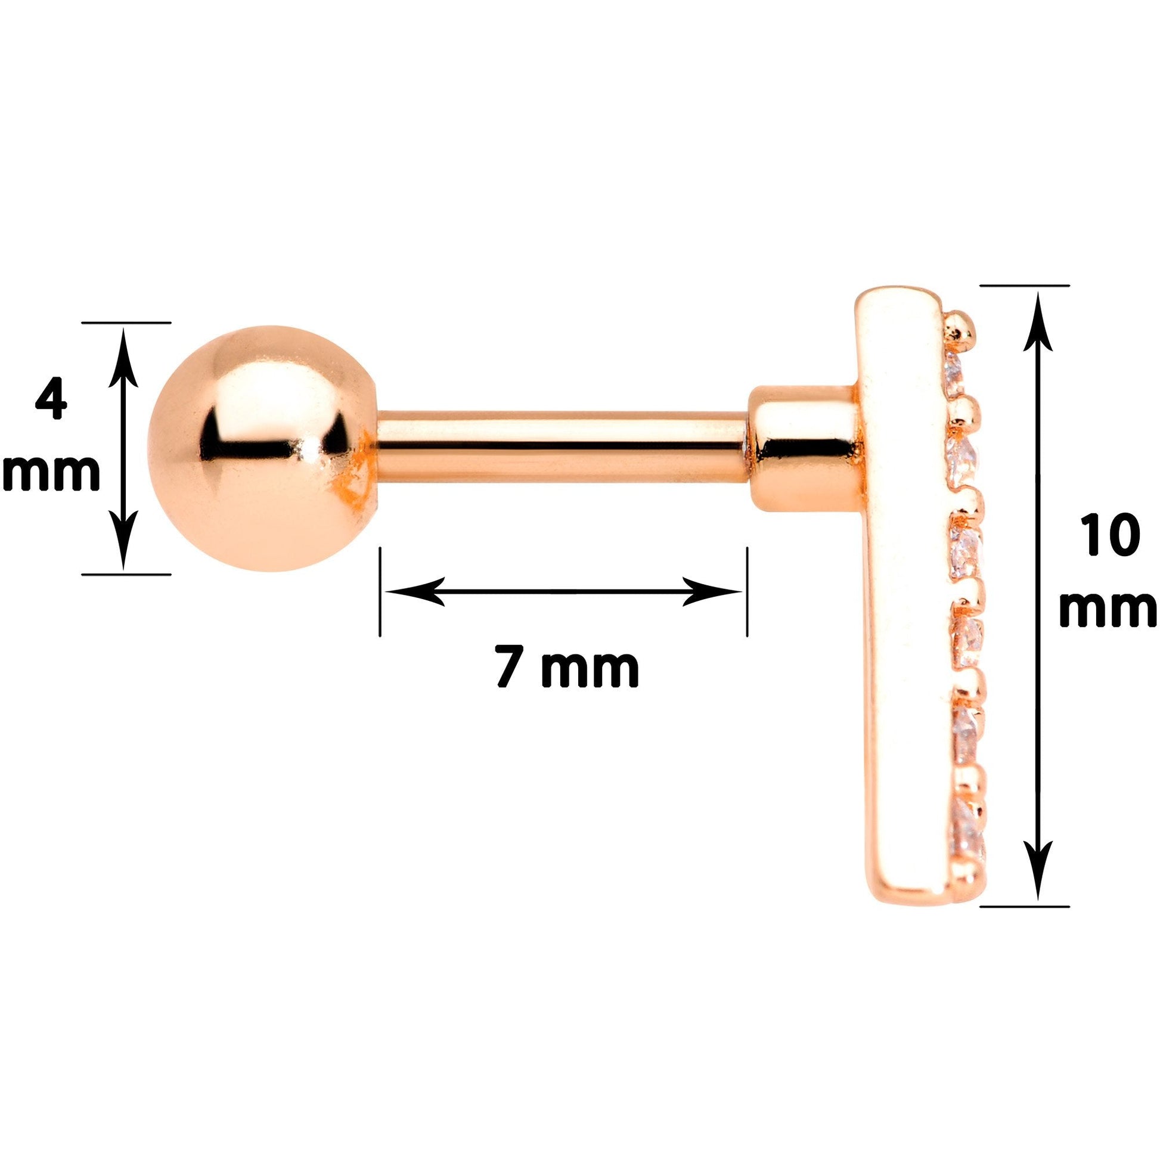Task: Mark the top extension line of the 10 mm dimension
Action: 1025,286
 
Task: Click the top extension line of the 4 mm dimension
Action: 126,322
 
